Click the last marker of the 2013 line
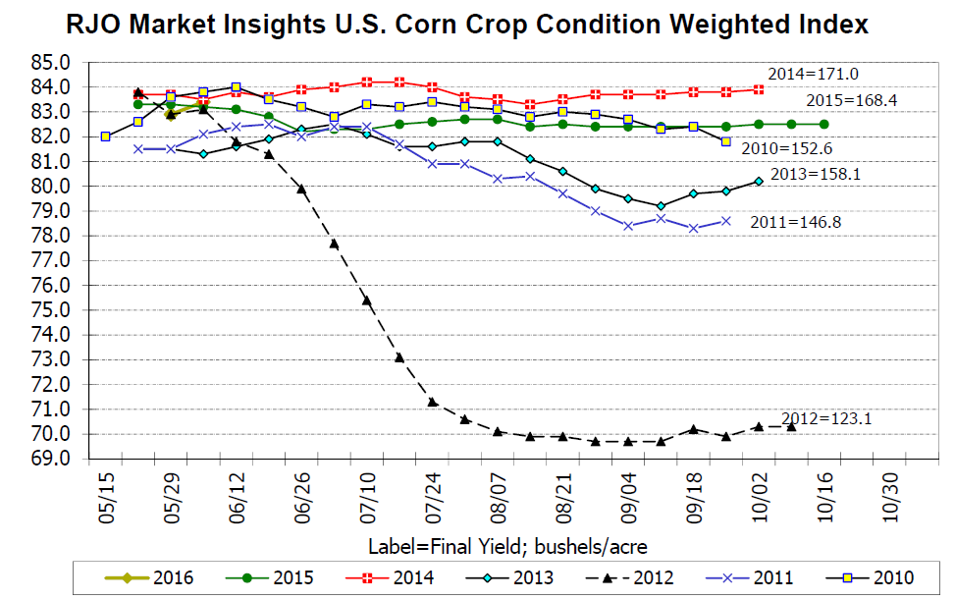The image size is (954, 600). coord(758,181)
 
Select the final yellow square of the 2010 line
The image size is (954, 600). coord(725,141)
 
